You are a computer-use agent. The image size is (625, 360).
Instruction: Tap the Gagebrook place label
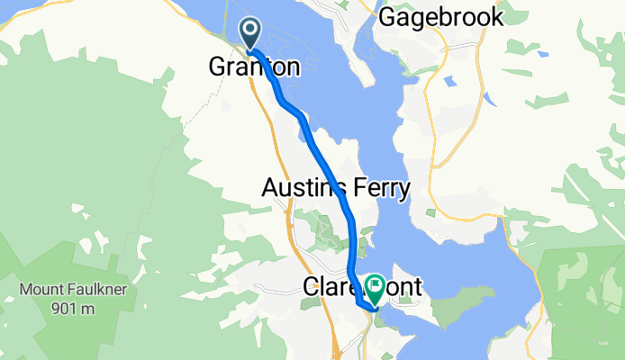[438, 17]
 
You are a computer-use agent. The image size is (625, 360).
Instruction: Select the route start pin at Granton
[249, 35]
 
